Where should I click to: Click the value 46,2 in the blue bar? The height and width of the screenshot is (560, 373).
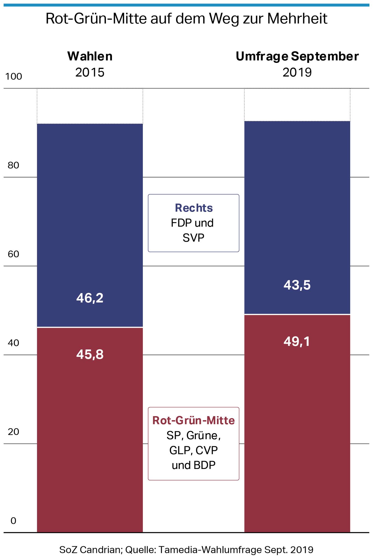point(90,298)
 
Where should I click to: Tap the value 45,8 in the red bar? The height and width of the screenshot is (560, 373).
point(90,355)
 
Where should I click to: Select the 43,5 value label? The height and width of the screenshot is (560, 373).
point(297,285)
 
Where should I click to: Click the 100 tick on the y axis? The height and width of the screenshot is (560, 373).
point(14,77)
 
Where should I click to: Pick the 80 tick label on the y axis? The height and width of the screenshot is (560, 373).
point(13,165)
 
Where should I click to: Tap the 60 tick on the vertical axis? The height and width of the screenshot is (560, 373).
point(13,254)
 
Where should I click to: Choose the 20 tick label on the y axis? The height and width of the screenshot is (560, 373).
point(13,432)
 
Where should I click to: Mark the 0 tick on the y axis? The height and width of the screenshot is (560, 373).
point(13,521)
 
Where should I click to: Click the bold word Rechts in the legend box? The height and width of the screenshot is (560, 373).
point(194,208)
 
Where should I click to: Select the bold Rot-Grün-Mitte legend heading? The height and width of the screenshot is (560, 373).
point(193,420)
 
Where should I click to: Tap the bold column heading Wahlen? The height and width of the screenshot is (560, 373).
point(90,56)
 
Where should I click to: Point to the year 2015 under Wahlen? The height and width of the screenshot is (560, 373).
point(90,72)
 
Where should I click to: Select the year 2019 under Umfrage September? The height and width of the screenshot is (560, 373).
point(297,72)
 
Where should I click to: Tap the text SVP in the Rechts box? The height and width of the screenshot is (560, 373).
point(193,238)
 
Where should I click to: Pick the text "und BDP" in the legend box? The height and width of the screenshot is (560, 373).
point(193,465)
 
